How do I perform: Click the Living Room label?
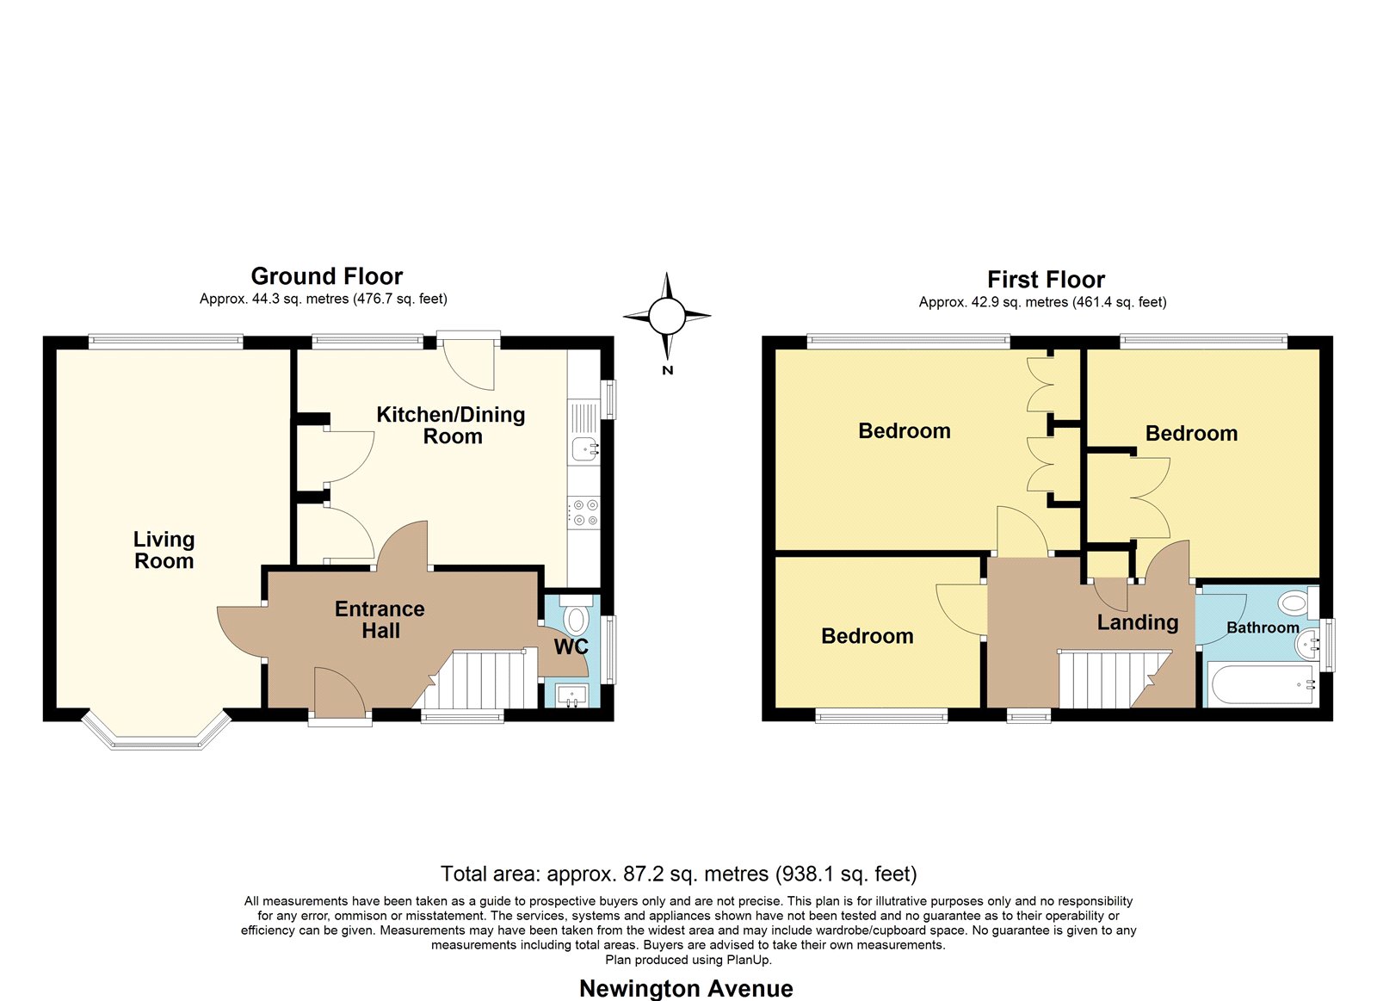(x=164, y=550)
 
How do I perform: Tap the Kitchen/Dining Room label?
(x=451, y=425)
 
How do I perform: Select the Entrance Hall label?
(x=380, y=620)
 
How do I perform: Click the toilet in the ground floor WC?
(x=576, y=617)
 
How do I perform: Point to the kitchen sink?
(x=584, y=448)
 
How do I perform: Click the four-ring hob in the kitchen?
(x=584, y=513)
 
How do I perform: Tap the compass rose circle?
(x=667, y=316)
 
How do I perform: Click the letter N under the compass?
(x=668, y=370)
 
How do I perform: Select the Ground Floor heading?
(x=326, y=276)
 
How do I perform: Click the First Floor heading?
(x=1046, y=280)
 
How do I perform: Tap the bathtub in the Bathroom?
(x=1263, y=684)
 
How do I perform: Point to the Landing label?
(x=1138, y=623)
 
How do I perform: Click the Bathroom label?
(x=1263, y=627)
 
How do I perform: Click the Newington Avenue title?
(x=686, y=988)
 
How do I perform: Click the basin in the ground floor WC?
(x=572, y=695)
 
